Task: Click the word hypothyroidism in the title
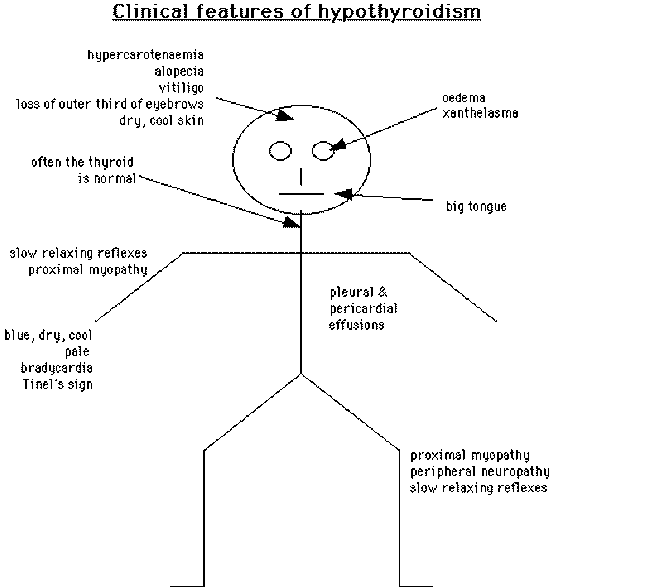pyautogui.click(x=399, y=12)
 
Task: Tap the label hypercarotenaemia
pyautogui.click(x=146, y=55)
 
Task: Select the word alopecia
pyautogui.click(x=179, y=72)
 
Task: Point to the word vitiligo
pyautogui.click(x=181, y=88)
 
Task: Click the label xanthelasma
pyautogui.click(x=480, y=113)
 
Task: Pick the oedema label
pyautogui.click(x=464, y=98)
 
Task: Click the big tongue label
pyautogui.click(x=476, y=207)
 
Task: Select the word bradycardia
pyautogui.click(x=57, y=368)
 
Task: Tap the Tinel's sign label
pyautogui.click(x=58, y=384)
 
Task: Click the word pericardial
pyautogui.click(x=363, y=309)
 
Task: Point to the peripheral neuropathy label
pyautogui.click(x=480, y=471)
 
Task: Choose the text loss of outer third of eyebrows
pyautogui.click(x=110, y=104)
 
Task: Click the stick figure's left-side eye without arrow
pyautogui.click(x=280, y=151)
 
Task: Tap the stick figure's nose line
pyautogui.click(x=301, y=176)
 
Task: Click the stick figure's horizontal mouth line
pyautogui.click(x=301, y=194)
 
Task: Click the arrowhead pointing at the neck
pyautogui.click(x=292, y=222)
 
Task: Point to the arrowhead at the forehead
pyautogui.click(x=285, y=116)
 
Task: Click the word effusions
pyautogui.click(x=356, y=325)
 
